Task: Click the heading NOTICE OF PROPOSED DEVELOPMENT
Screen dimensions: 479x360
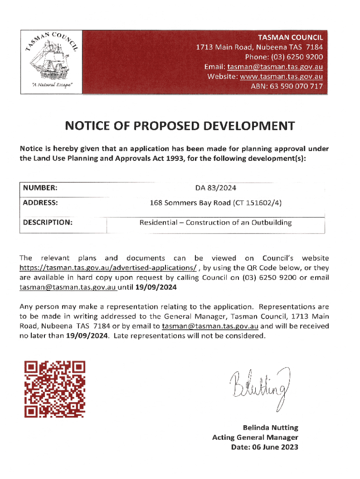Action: tap(180, 126)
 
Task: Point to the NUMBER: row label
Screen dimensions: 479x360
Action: tap(40, 188)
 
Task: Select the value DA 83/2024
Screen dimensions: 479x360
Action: tap(216, 188)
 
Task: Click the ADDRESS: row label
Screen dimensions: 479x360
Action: tap(41, 203)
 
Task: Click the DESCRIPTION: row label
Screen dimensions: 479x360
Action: tap(48, 223)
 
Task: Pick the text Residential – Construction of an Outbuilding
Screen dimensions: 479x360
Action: tap(216, 223)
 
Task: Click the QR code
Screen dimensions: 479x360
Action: tap(55, 390)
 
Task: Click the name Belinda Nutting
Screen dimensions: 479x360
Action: tap(270, 428)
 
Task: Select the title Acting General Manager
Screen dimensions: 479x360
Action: tap(255, 437)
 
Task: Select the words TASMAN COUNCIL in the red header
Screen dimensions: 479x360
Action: tap(290, 37)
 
